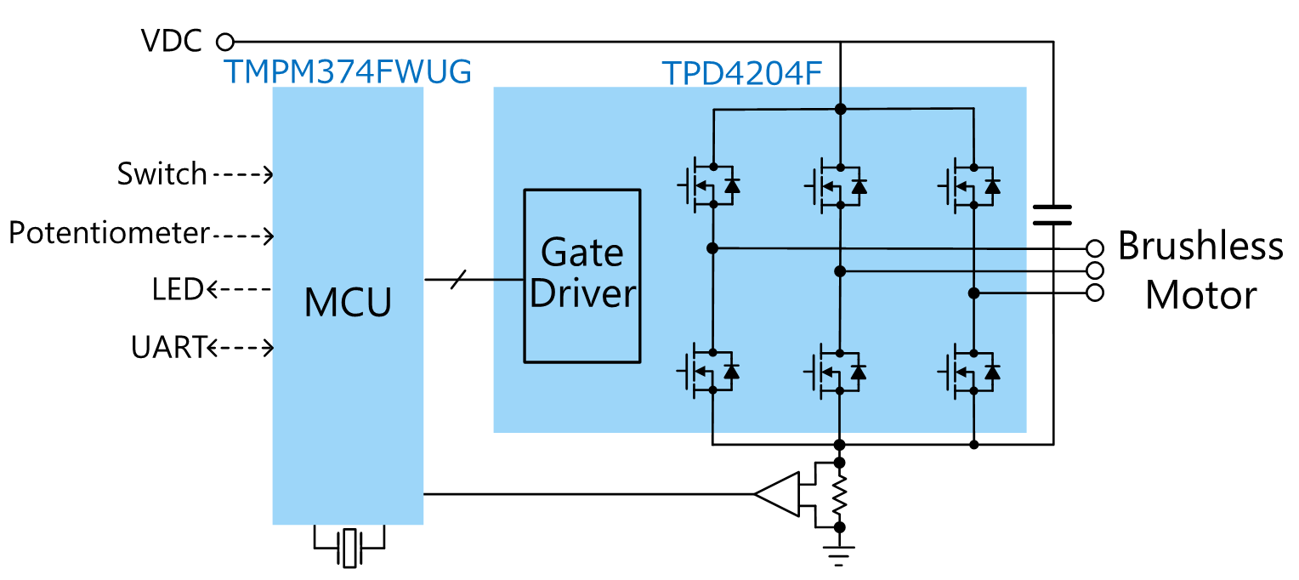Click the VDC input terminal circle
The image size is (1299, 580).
(225, 41)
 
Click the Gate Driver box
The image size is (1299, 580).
(581, 276)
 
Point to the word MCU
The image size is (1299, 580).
(348, 304)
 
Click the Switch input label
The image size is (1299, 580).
(162, 174)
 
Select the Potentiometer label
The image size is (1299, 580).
(109, 233)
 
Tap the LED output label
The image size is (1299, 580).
(178, 290)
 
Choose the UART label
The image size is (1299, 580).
(168, 347)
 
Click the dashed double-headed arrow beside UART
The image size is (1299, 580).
(240, 347)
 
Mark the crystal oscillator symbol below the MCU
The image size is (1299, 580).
(349, 547)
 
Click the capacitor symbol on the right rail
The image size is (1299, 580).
(1052, 214)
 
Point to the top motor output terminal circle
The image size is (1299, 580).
(1096, 248)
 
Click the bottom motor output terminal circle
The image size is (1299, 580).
(1096, 293)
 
